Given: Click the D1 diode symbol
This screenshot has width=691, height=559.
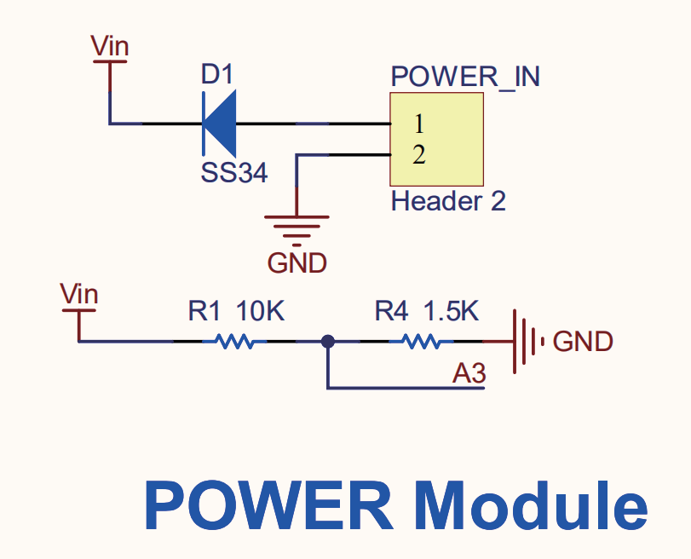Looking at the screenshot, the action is tap(219, 124).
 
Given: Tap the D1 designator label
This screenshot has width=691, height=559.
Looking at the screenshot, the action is tap(216, 74).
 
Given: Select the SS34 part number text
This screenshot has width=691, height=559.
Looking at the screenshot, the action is tap(234, 172).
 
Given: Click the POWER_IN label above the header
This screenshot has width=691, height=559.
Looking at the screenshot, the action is tap(465, 77).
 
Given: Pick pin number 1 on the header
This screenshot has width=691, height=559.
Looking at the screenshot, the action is tap(419, 124).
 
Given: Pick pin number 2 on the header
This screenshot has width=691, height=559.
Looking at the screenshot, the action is tap(419, 155).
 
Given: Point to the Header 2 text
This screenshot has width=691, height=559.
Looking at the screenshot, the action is tap(448, 201).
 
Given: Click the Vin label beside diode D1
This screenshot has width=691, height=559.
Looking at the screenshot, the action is tap(110, 46).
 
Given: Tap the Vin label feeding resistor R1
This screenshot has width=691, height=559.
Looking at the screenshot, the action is tap(79, 294).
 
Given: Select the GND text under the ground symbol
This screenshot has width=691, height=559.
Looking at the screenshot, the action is tap(297, 263).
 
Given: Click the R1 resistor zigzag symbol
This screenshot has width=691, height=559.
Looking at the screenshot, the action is tap(234, 342).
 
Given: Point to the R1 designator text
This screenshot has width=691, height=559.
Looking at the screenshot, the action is tap(204, 310).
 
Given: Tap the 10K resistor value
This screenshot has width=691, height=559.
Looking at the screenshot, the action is tap(261, 310).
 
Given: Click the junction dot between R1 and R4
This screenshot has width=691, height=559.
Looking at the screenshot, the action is tap(328, 341).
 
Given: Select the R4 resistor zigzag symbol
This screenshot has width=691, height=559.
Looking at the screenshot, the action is tap(421, 342).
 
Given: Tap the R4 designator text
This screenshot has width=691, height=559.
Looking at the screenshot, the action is tap(391, 310).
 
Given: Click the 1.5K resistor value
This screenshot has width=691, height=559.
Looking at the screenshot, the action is tap(452, 310).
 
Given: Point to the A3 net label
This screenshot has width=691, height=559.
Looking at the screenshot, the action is tap(469, 374).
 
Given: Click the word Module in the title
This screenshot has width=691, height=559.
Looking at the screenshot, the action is tap(531, 505).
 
